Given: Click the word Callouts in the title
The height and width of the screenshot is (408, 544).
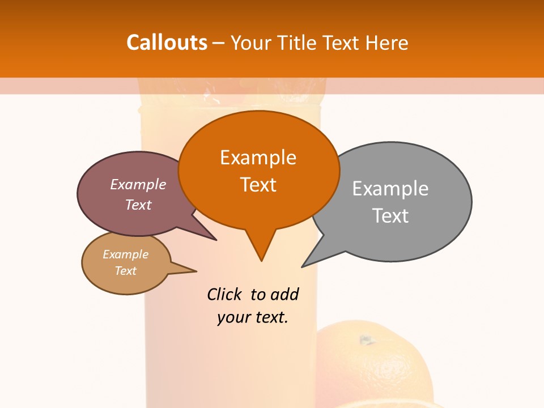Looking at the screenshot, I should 167,42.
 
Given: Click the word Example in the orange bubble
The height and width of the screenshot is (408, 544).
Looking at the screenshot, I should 258,158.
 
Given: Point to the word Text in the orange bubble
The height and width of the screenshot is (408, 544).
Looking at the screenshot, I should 258,185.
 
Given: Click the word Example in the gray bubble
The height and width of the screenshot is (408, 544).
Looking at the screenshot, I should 390,189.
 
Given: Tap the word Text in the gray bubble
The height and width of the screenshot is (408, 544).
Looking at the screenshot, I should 390,216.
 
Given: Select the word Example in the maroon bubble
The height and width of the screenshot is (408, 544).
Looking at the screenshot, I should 138,185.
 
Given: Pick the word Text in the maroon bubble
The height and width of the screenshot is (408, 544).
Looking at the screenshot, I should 138,205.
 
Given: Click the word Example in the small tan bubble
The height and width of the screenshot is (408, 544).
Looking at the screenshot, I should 125,254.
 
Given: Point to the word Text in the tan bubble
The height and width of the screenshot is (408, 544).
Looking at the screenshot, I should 125,271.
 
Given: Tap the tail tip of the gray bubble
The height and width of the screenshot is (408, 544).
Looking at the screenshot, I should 303,266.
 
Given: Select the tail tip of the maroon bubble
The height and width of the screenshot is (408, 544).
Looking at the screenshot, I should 216,240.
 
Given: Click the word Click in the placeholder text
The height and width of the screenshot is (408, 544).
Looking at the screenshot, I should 224,294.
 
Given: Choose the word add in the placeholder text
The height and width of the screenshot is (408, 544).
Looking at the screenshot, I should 284,294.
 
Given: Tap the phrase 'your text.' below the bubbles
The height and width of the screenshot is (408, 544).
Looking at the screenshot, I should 253,317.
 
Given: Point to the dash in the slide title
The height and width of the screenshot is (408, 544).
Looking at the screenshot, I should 219,43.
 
